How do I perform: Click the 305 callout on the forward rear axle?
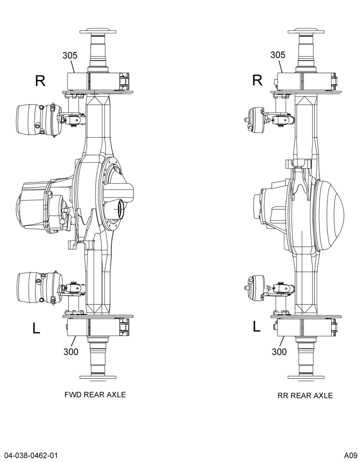[x=70, y=55]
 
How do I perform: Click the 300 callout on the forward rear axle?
[x=71, y=352]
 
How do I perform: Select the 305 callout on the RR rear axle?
[x=278, y=55]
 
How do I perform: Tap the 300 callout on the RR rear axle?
[x=279, y=352]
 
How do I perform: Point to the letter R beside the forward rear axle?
[x=40, y=81]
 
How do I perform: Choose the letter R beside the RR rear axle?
[x=258, y=80]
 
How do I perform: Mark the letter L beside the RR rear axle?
[x=257, y=327]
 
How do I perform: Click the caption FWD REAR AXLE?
[x=95, y=395]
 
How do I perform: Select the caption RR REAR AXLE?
[x=305, y=395]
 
